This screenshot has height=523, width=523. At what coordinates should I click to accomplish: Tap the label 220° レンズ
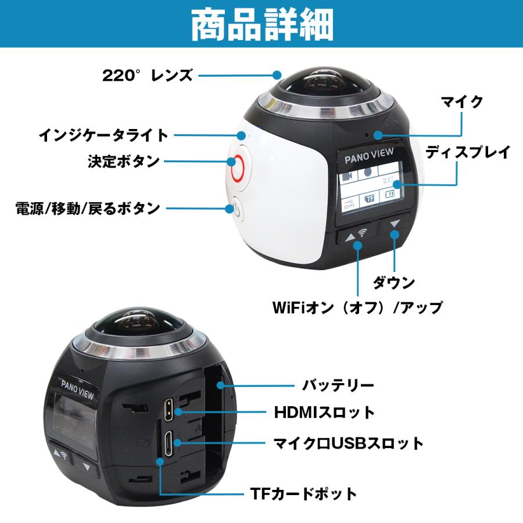(x=147, y=75)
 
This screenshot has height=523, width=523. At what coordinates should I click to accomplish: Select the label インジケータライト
(x=103, y=135)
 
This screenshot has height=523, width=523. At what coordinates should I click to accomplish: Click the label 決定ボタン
(x=123, y=162)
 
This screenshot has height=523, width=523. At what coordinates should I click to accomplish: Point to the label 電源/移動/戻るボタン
(x=88, y=207)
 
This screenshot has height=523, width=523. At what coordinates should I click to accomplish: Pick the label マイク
(x=462, y=102)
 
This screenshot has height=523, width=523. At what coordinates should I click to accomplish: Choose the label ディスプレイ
(x=468, y=153)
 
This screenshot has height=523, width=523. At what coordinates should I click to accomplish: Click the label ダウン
(x=394, y=283)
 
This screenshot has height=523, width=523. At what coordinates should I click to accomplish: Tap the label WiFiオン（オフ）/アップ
(x=357, y=307)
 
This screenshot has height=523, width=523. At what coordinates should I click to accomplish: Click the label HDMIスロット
(x=324, y=413)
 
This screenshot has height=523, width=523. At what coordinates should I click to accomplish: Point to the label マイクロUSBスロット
(x=349, y=444)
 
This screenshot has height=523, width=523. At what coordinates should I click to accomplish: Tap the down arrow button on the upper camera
(x=395, y=224)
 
